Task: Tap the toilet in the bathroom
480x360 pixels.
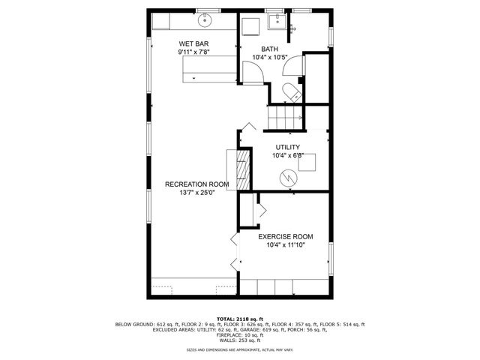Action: [x=292, y=92]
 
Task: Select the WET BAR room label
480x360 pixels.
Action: [x=193, y=43]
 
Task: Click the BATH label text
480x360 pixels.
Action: [x=269, y=49]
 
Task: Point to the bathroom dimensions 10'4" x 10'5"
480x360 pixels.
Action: [x=269, y=57]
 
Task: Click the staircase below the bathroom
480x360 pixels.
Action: [x=285, y=116]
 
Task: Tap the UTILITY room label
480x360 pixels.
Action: [x=287, y=147]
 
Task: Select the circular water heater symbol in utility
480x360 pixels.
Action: [x=288, y=178]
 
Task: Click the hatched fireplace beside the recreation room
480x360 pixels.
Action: [x=243, y=172]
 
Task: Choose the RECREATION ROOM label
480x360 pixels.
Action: [x=197, y=184]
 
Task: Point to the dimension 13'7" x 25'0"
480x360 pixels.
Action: [x=197, y=193]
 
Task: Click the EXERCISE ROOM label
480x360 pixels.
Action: [x=286, y=236]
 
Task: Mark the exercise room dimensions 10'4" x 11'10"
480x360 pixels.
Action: [x=286, y=245]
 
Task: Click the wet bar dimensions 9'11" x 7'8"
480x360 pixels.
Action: [x=193, y=52]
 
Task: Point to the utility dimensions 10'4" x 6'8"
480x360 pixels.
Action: [x=287, y=156]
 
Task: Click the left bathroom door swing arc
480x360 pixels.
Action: [x=256, y=70]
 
